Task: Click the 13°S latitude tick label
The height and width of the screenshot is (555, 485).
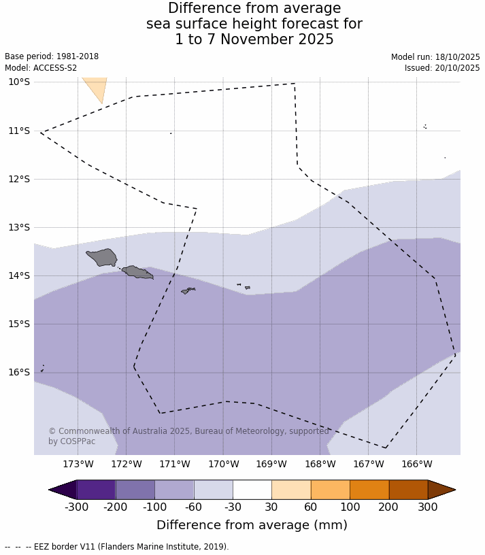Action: coord(19,227)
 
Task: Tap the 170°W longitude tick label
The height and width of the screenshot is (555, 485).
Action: coord(223,465)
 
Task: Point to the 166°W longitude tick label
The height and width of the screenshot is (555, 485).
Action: coord(417,465)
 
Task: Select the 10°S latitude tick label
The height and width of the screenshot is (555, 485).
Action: coord(19,82)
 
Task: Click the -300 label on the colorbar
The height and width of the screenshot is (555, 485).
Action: coord(77,507)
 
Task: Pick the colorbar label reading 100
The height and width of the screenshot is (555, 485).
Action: coord(350,507)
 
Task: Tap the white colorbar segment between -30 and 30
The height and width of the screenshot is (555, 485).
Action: coord(252,490)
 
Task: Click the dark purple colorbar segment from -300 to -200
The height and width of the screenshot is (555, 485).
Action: coord(96,490)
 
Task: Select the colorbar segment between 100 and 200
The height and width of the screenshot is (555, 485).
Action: coord(369,490)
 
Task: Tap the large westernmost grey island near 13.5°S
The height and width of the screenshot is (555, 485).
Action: coord(103,257)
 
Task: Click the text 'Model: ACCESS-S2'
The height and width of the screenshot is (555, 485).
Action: coord(41,68)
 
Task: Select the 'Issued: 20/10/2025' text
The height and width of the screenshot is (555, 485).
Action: coord(442,68)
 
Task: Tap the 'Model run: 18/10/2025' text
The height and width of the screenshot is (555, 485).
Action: coord(435,57)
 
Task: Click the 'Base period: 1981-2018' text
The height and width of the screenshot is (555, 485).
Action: coord(52,57)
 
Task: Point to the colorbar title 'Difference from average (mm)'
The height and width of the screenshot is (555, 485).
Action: coord(252,525)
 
